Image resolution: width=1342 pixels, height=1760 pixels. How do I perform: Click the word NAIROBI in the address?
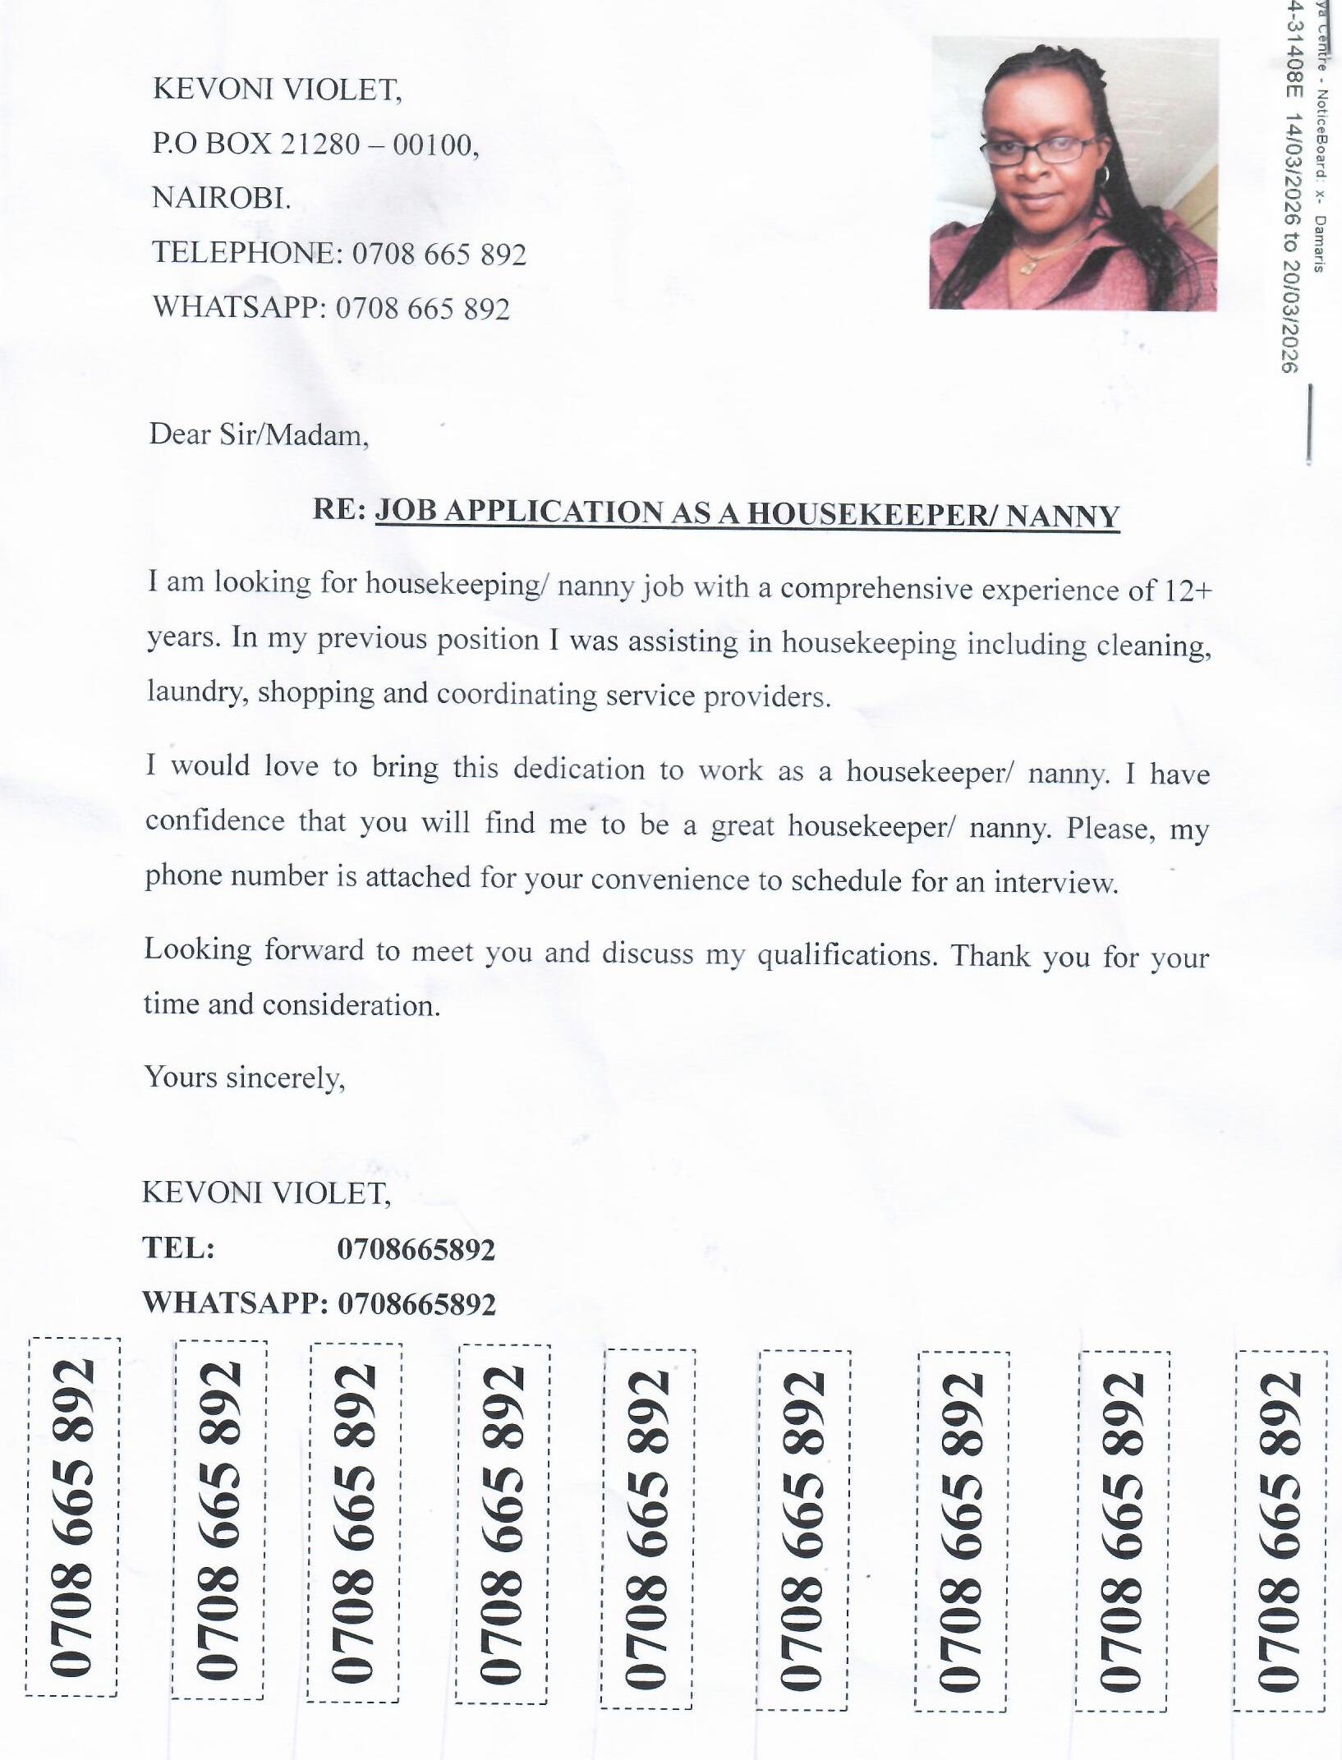(x=220, y=198)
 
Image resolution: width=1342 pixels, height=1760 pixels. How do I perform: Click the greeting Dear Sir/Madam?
(x=259, y=434)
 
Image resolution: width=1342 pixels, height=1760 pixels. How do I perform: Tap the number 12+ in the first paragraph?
(x=1188, y=590)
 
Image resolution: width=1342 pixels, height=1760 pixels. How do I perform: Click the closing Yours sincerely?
(x=245, y=1077)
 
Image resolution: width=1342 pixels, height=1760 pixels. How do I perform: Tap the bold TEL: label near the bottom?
(x=179, y=1248)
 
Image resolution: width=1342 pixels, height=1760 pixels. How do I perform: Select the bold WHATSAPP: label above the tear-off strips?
(x=235, y=1303)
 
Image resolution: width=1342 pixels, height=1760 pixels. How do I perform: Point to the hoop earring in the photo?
(x=1105, y=174)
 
